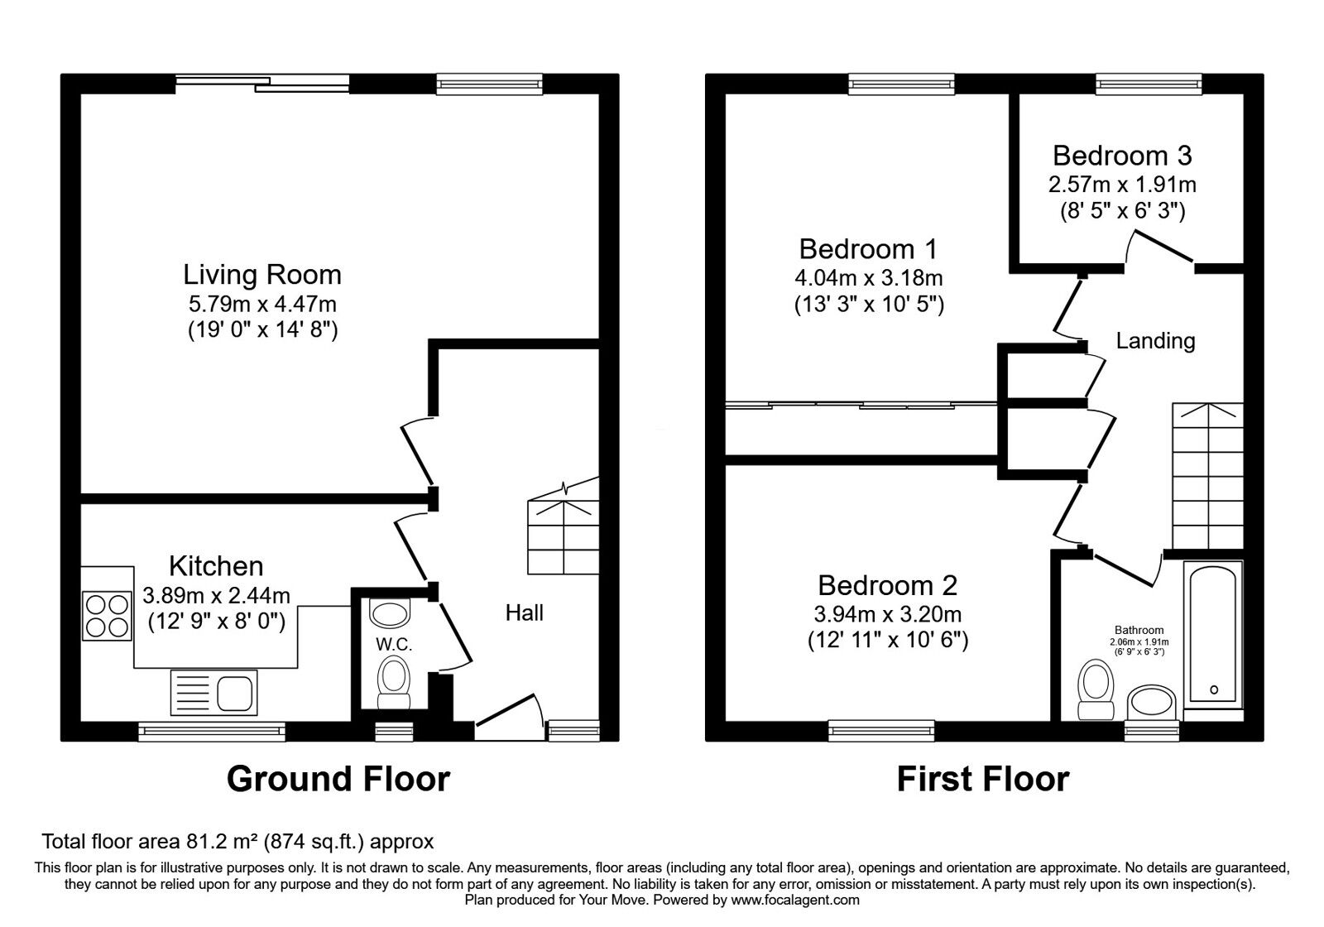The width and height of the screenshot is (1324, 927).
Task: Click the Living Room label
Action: [x=261, y=275]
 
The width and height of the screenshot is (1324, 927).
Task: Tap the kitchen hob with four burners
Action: [x=107, y=616]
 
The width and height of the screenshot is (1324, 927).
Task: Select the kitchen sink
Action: [x=214, y=692]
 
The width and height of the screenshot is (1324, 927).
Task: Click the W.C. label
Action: [x=394, y=645]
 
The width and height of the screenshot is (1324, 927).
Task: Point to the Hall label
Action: [x=525, y=613]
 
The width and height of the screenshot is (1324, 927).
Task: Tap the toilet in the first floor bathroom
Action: [x=1096, y=690]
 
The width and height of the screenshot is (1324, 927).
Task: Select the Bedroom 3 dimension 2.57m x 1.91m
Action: [x=1122, y=185]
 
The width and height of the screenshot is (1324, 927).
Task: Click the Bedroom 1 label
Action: [x=868, y=249]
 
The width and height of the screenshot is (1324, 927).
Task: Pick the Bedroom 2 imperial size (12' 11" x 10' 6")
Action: [x=888, y=641]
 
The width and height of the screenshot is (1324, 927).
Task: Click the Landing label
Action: [x=1155, y=341]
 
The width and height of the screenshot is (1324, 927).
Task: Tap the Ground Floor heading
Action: [x=338, y=779]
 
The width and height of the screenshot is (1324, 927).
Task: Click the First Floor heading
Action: [x=983, y=779]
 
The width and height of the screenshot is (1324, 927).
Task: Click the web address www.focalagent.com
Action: [x=795, y=900]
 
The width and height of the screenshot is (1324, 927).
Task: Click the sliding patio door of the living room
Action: [x=262, y=84]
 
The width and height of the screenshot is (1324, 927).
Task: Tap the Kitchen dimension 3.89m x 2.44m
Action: [x=216, y=595]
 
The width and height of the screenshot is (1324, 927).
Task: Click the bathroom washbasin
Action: [x=1151, y=703]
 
